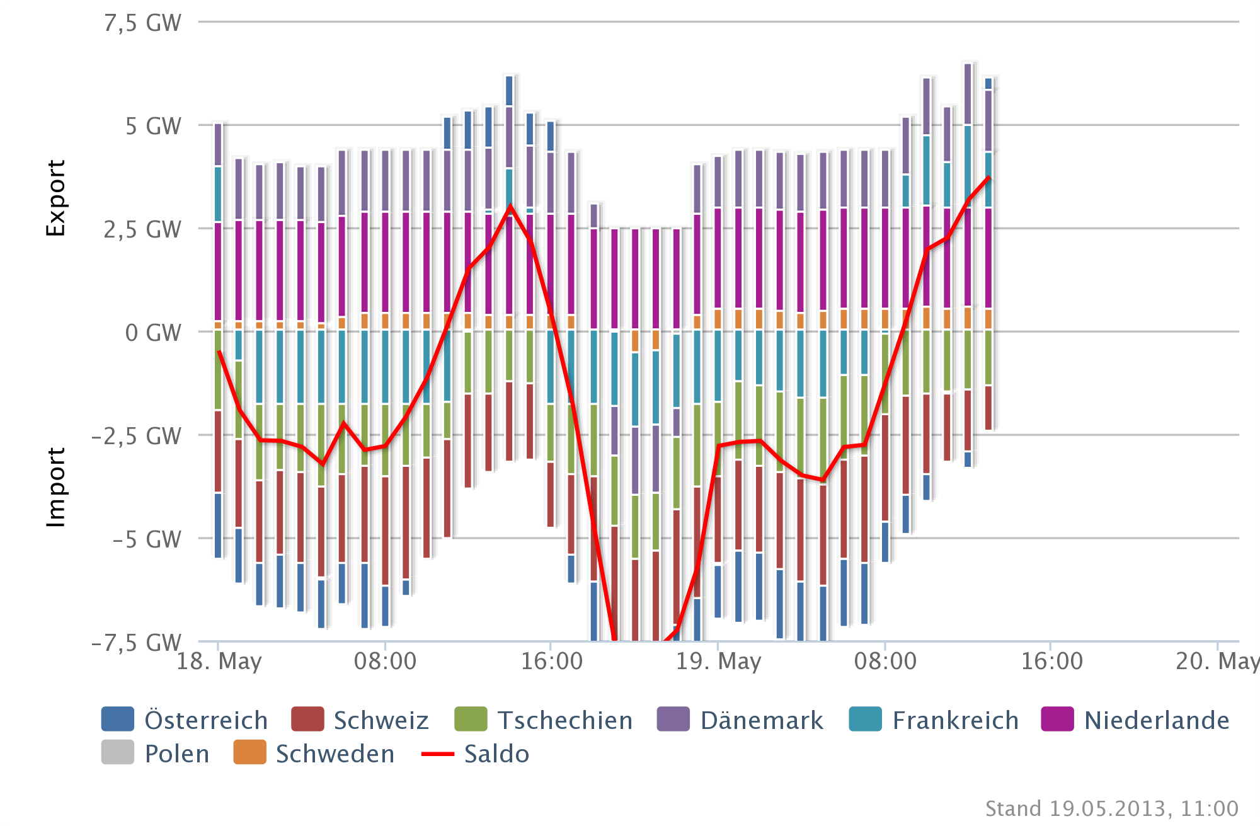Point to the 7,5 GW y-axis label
click(x=143, y=23)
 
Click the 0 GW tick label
click(x=153, y=333)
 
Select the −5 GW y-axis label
click(x=147, y=539)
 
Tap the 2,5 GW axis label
click(x=143, y=230)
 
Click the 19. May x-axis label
click(x=718, y=662)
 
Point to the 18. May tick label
click(x=219, y=662)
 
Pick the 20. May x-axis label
click(x=1216, y=662)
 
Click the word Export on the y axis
click(x=55, y=198)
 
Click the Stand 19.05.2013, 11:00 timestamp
click(x=1111, y=808)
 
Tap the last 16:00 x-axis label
click(x=1051, y=662)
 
